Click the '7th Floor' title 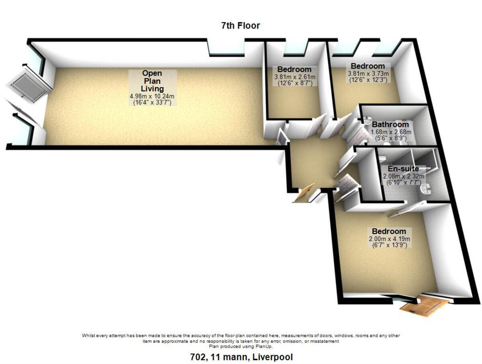[241, 26]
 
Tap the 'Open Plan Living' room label [153, 81]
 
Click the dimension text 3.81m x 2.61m [295, 77]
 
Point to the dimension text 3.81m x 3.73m [368, 74]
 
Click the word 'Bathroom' [390, 125]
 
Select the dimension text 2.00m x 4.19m [389, 239]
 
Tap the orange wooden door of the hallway [303, 193]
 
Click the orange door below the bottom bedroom [424, 305]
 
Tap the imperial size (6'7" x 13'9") [389, 245]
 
